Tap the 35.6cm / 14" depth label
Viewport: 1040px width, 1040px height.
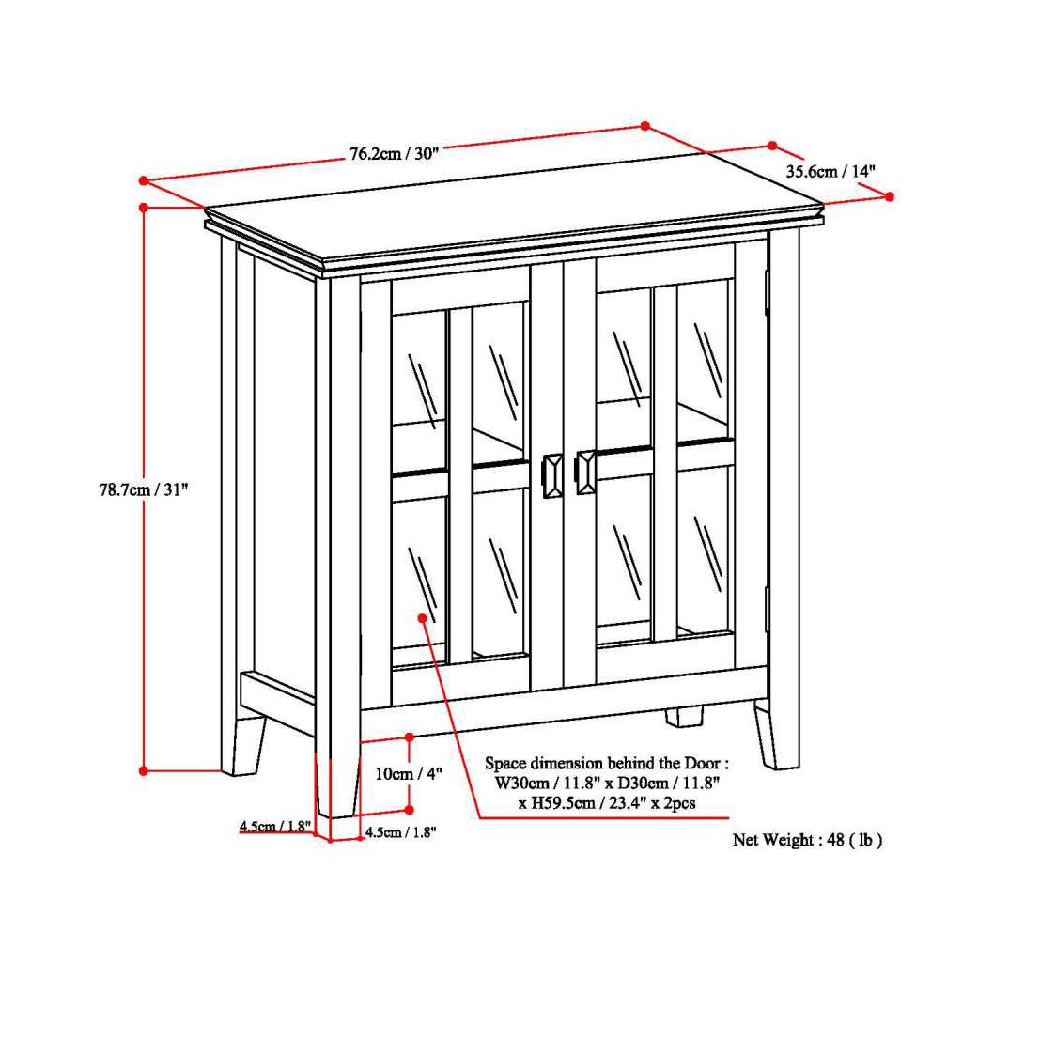pos(830,171)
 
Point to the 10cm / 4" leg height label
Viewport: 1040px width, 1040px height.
pos(408,774)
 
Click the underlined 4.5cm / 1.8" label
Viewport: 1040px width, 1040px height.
pos(274,827)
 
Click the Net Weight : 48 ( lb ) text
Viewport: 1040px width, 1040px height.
pos(807,840)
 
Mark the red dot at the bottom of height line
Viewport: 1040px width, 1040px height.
pos(144,770)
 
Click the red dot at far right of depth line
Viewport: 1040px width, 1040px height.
pos(890,196)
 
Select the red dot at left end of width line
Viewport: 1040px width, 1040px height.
pos(144,180)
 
